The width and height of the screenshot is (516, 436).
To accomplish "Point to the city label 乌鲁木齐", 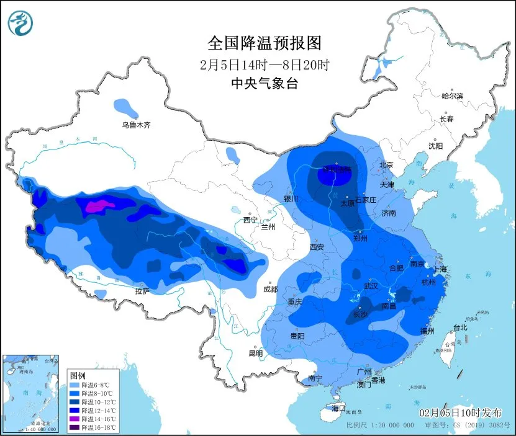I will point(136,125).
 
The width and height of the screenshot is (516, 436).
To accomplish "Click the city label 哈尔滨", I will point(452,96).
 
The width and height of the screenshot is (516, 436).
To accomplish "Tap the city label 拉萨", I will point(142,291).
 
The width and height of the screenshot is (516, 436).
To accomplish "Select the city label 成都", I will point(270,288).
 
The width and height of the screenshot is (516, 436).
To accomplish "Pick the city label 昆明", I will point(256,354).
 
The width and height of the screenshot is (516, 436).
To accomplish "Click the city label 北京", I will point(386,165).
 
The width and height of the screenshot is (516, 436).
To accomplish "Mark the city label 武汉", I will point(371,287).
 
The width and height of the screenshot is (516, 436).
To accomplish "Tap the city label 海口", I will point(338,409).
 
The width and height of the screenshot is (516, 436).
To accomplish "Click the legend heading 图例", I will point(77,375).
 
